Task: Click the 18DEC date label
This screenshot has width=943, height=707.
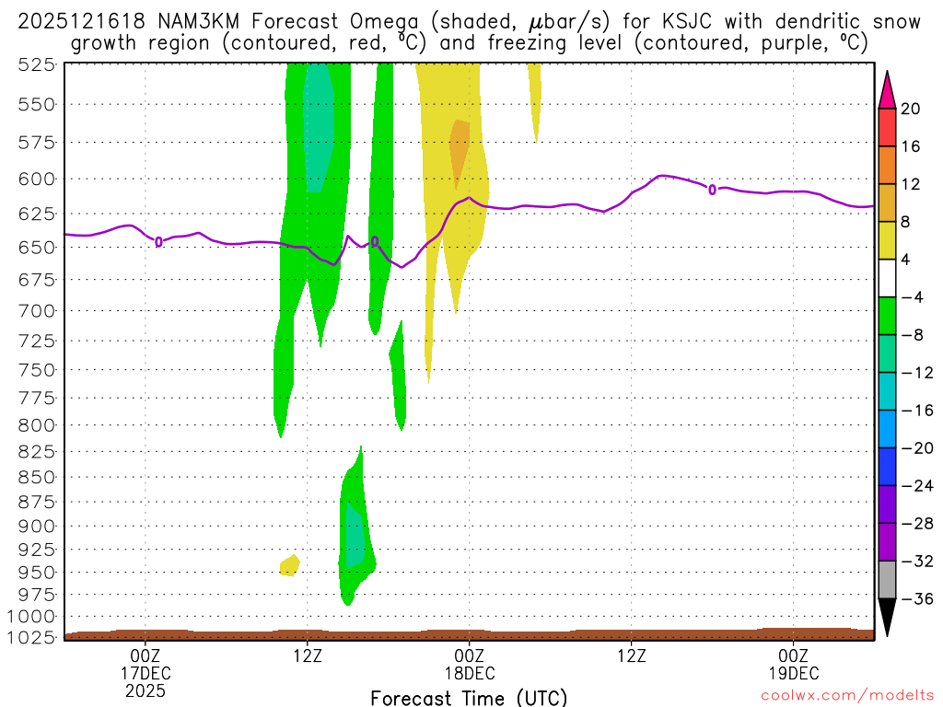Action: click(469, 673)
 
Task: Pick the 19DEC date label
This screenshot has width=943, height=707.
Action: click(793, 673)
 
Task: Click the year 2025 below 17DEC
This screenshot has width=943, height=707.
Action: click(146, 690)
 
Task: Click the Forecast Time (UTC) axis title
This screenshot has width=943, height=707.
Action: click(469, 697)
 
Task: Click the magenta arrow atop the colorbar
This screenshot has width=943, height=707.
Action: click(887, 88)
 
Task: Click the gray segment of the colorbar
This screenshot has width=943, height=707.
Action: click(887, 580)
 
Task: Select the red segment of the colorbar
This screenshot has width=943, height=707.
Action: click(887, 128)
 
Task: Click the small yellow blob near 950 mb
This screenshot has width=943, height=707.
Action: click(290, 565)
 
